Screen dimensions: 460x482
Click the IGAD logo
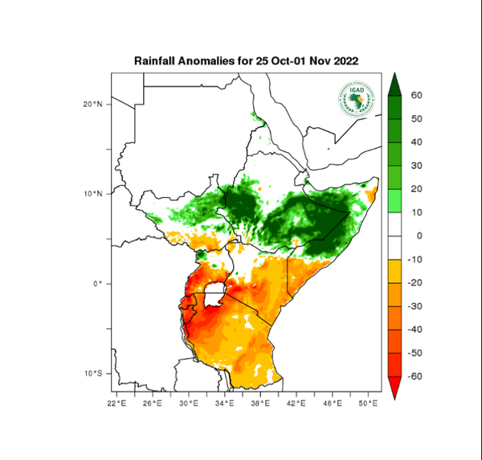click(355, 101)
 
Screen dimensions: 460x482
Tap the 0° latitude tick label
click(98, 284)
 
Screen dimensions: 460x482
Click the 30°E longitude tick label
click(188, 402)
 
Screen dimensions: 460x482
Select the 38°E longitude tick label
click(260, 402)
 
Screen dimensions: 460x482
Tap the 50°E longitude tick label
click(368, 402)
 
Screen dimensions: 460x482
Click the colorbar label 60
click(416, 96)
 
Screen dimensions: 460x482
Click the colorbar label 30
click(416, 166)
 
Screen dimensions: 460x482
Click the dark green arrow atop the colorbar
click(394, 84)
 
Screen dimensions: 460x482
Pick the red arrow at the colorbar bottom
click(394, 388)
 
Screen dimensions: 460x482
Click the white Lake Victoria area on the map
click(214, 295)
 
